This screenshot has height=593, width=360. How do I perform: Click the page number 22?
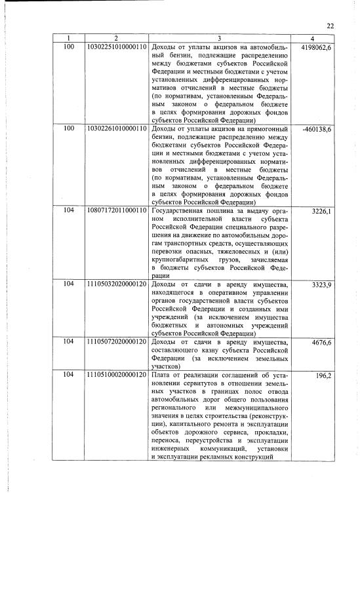tap(330, 26)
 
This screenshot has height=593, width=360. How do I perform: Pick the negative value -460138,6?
tap(317, 129)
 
